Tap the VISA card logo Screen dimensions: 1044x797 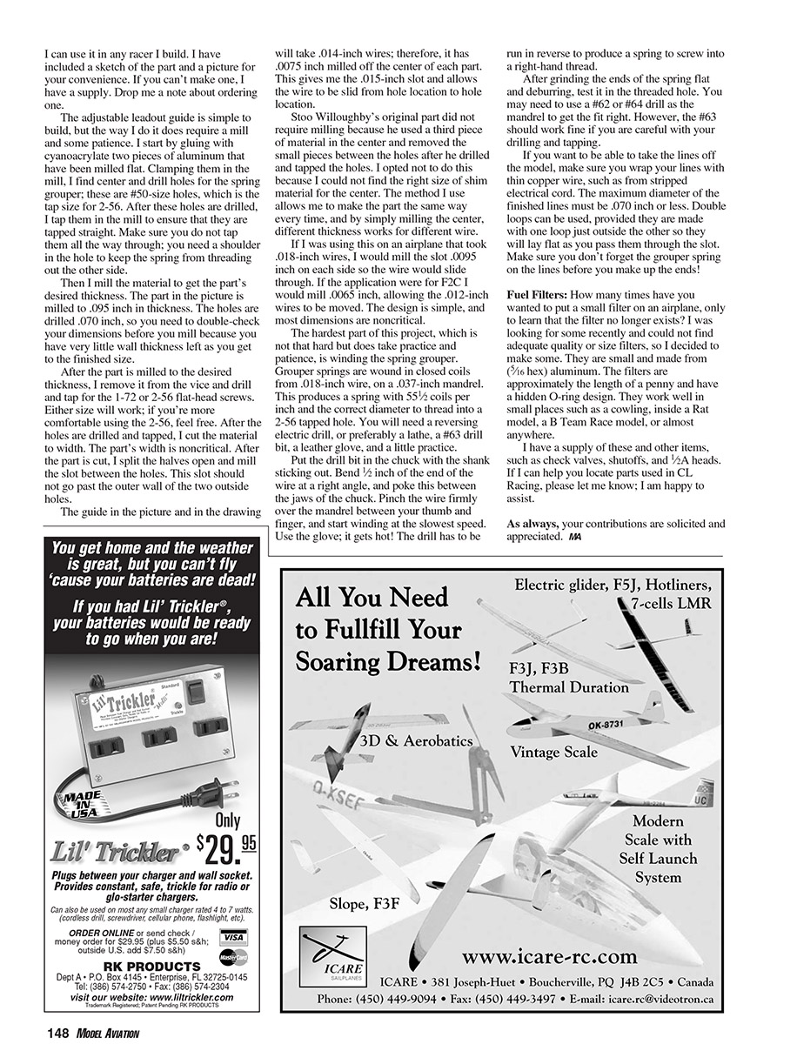point(232,937)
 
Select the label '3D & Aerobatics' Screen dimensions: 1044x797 point(416,741)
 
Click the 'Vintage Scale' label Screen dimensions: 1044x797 point(554,751)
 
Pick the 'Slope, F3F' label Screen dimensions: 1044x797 point(365,904)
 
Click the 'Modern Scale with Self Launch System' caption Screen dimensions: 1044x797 point(658,849)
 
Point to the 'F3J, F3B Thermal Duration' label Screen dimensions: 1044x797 point(568,678)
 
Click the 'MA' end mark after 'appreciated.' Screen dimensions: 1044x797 point(574,538)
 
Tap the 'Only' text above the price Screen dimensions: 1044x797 point(227,820)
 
